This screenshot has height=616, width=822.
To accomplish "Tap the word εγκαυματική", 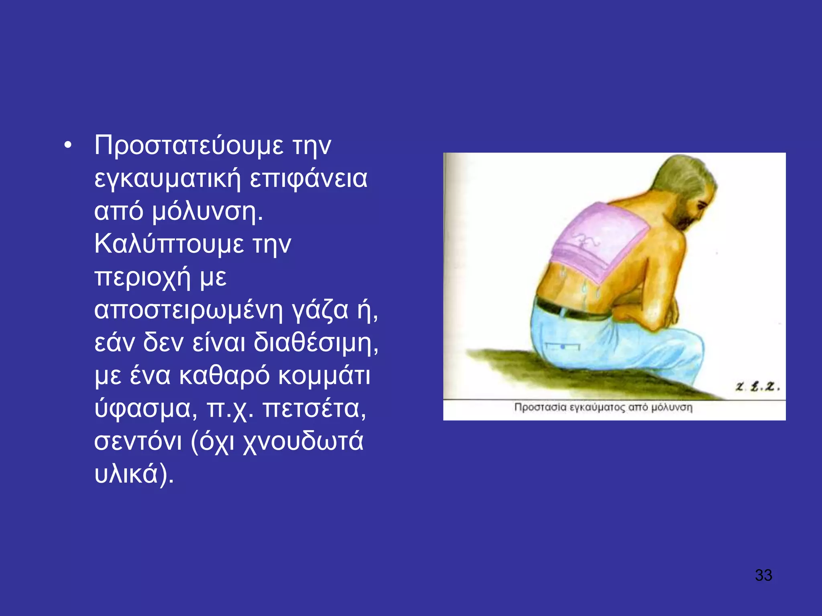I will [167, 179].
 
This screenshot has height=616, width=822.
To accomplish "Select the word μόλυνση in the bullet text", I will [207, 211].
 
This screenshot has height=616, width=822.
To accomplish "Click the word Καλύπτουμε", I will [169, 244].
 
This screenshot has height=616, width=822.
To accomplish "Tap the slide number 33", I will [763, 575].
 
